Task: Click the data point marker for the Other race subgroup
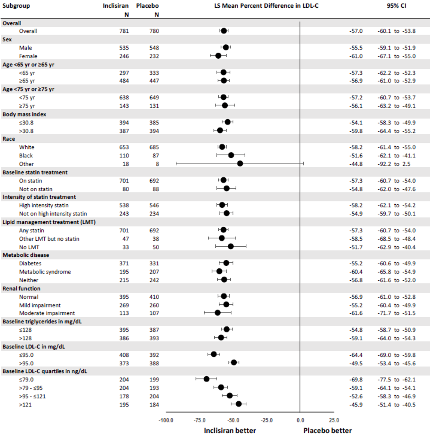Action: coord(240,164)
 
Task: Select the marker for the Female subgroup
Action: coord(218,56)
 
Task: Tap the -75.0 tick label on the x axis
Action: coord(199,420)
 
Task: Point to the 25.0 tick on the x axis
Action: coord(334,420)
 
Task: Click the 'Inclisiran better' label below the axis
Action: coord(230,431)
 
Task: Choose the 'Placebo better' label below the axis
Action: coord(327,431)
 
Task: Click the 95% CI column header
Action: coord(396,6)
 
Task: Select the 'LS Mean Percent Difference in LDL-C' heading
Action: coord(266,6)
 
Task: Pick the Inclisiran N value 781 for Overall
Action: coord(124,31)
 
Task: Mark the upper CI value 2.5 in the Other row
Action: coord(406,164)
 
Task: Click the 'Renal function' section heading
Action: coord(21,289)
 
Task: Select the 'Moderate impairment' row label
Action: coord(47,313)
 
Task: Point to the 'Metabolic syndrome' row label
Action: coord(45,272)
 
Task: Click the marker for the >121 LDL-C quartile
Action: coord(239,404)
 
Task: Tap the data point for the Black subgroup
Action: coord(231,155)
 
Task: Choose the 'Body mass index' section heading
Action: coord(24,114)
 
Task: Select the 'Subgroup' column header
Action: coord(16,6)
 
